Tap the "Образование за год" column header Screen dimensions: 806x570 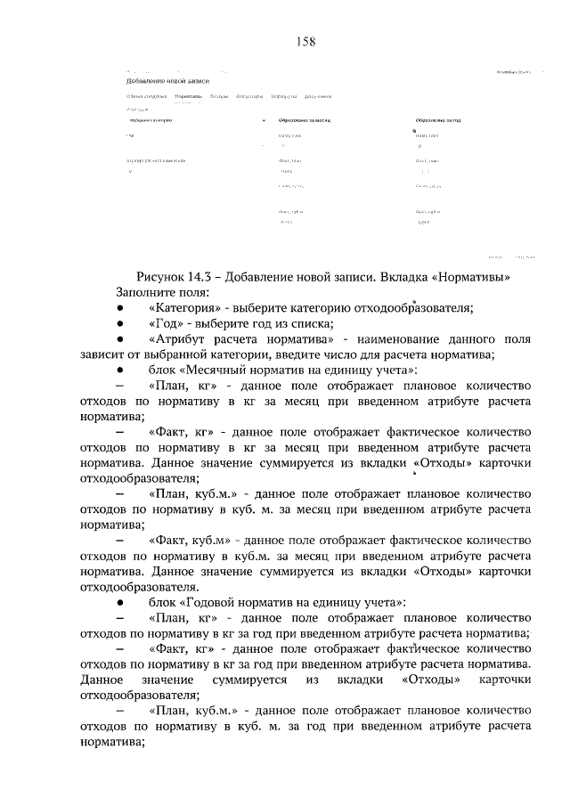pos(439,119)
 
